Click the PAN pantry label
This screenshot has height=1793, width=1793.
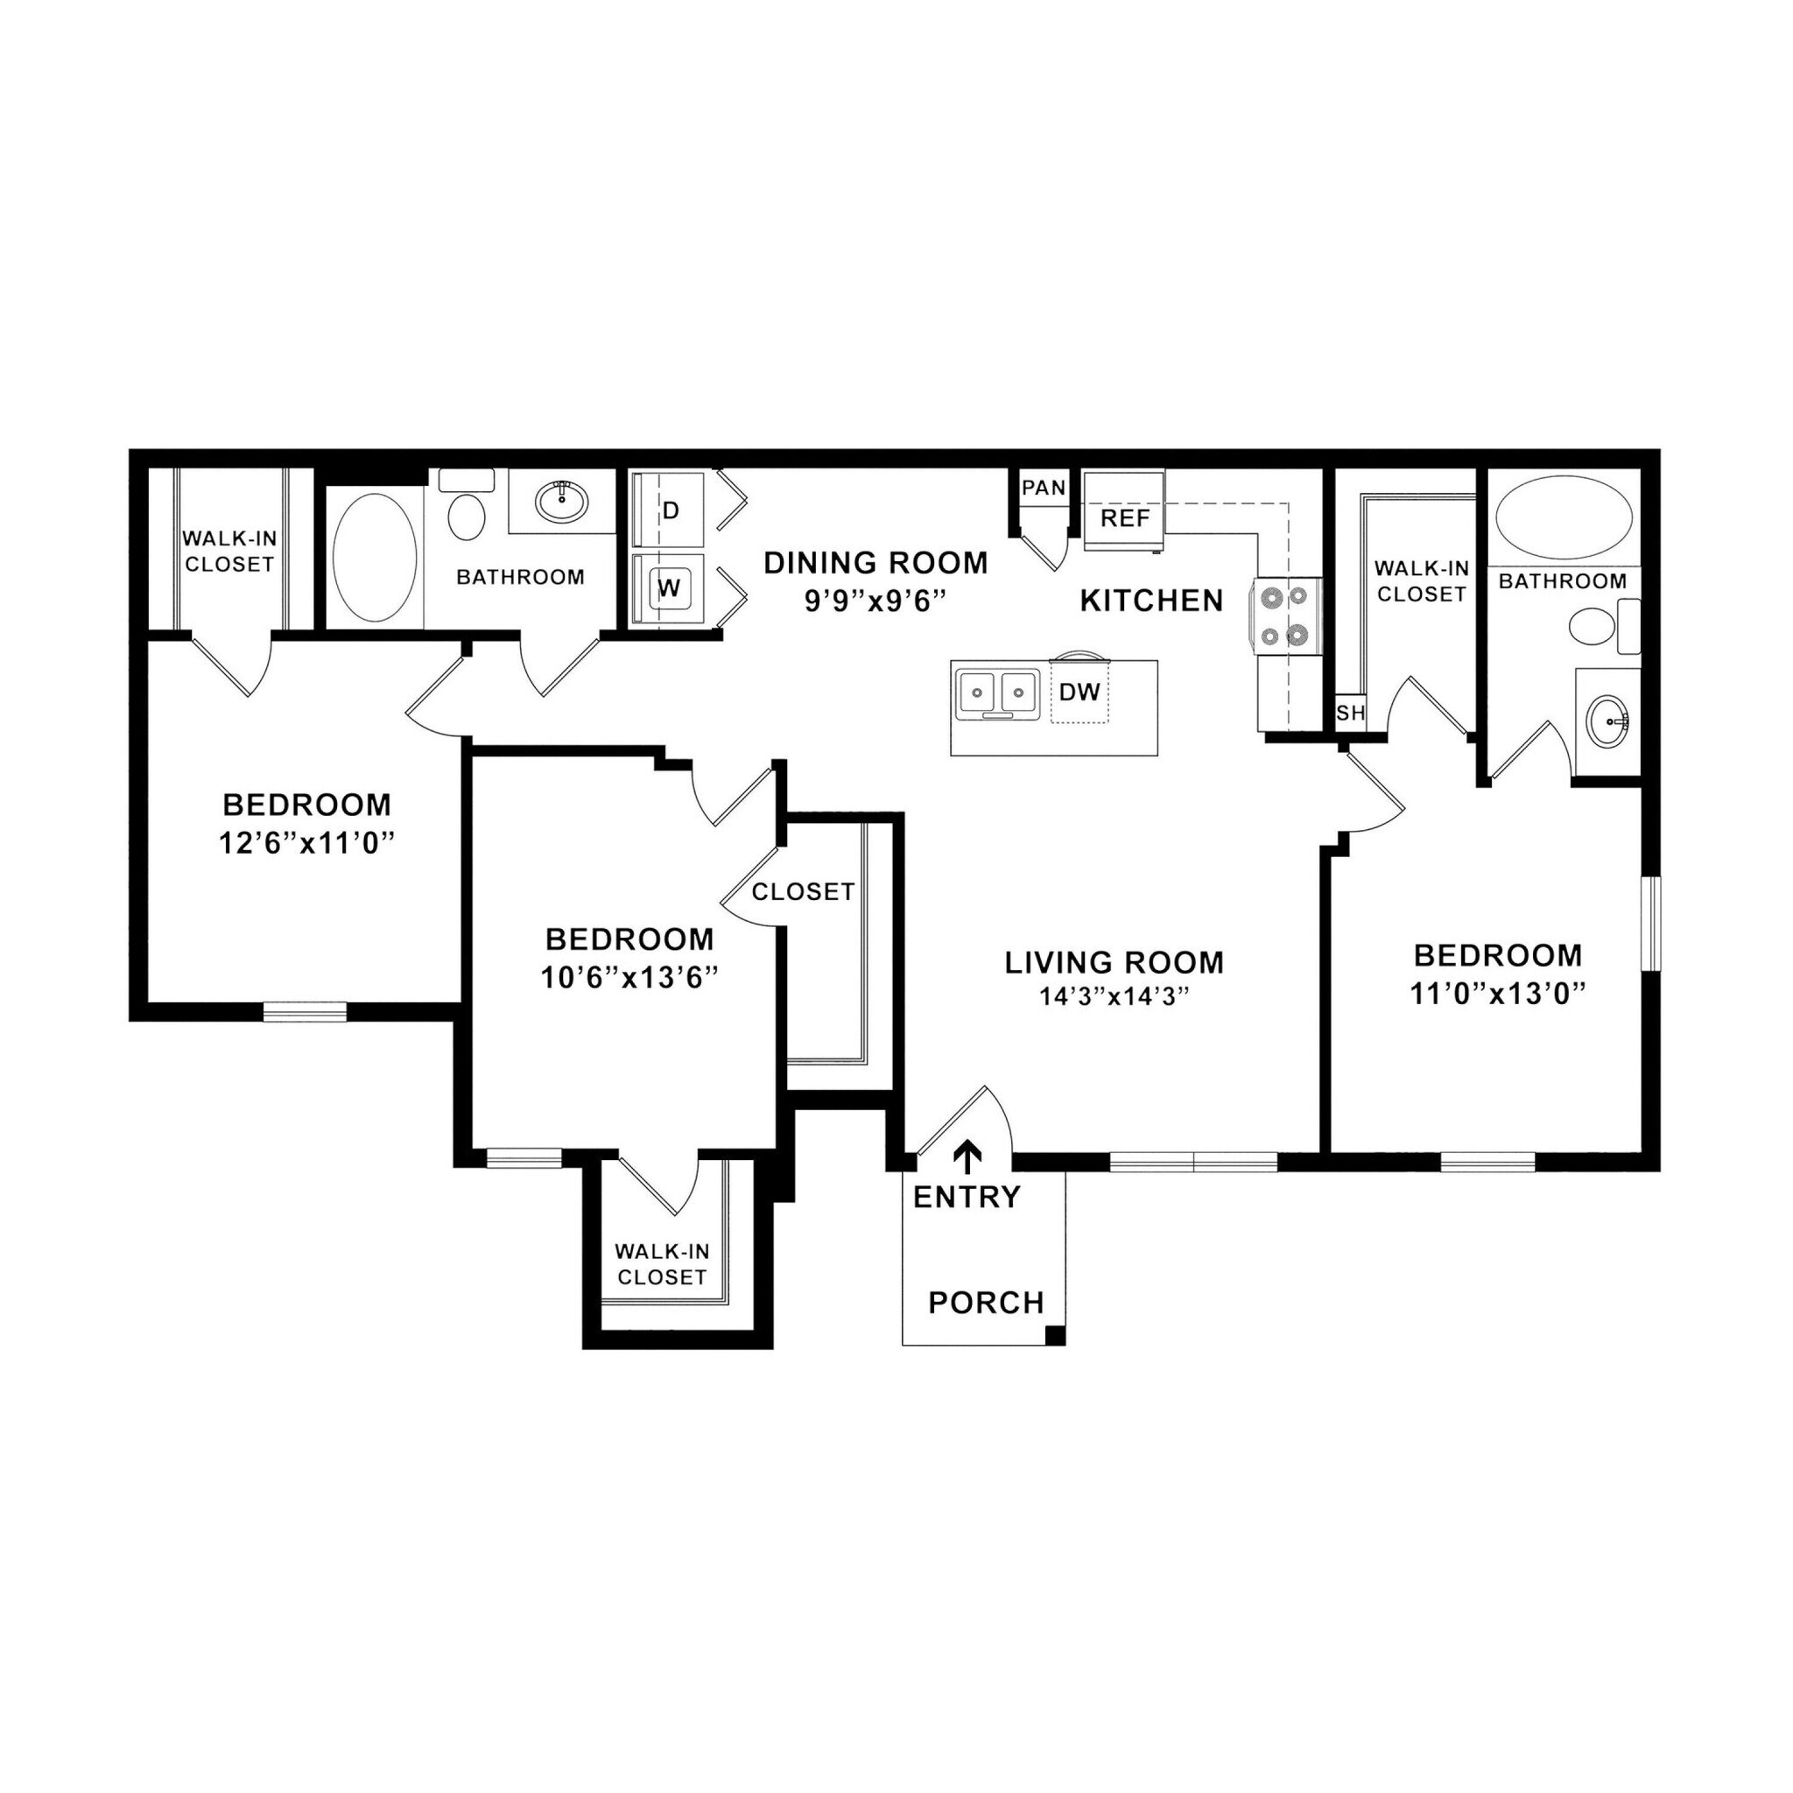1043,489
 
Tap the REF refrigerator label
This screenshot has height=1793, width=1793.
1125,518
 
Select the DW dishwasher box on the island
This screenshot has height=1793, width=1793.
1079,692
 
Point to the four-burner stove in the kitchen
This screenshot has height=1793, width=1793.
1285,615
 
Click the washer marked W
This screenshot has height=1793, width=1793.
669,587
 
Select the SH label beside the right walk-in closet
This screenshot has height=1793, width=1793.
1350,713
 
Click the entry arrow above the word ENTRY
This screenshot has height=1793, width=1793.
968,1157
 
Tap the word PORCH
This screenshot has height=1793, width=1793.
986,1303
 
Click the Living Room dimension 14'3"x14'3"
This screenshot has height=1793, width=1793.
1114,996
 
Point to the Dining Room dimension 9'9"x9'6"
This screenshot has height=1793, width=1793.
875,601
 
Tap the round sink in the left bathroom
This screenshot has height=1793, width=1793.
561,502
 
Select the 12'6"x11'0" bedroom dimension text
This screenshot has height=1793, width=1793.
306,844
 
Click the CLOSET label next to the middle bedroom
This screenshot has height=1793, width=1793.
803,892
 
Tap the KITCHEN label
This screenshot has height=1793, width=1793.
1150,601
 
